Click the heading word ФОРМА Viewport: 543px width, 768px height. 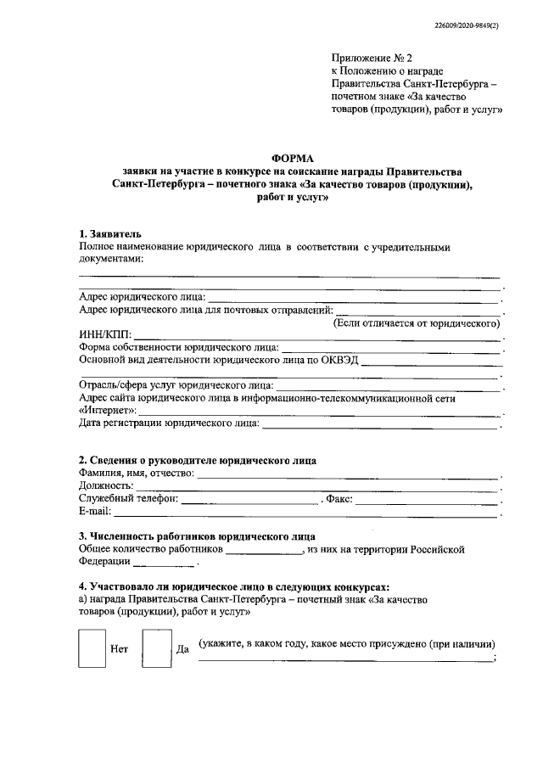(x=291, y=158)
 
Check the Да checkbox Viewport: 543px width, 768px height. (x=157, y=647)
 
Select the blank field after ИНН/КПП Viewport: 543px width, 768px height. (x=318, y=337)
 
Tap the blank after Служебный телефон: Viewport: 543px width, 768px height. (x=252, y=501)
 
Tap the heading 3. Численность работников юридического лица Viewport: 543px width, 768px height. (x=197, y=536)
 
